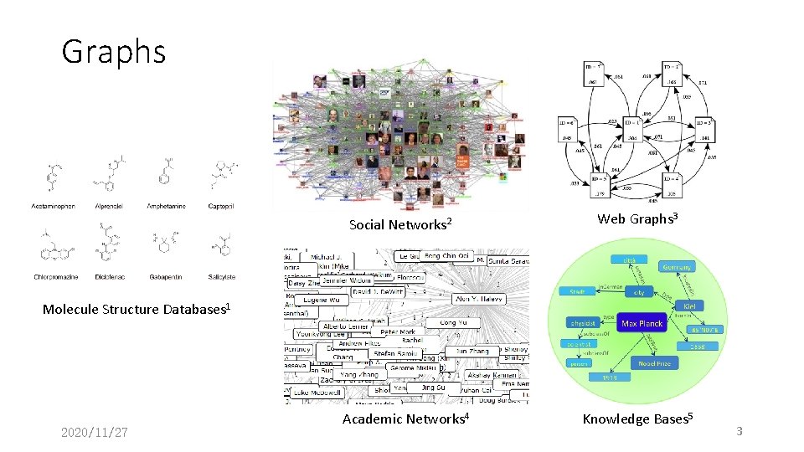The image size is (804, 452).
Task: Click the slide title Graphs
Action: tap(114, 52)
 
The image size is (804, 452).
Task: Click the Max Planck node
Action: tap(642, 323)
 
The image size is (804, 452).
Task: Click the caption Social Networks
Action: tap(400, 224)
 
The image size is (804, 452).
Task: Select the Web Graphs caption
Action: tap(636, 219)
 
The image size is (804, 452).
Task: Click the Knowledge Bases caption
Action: tap(637, 419)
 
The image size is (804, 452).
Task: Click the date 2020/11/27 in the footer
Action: tap(95, 433)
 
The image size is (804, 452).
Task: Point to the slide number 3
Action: tap(740, 431)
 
